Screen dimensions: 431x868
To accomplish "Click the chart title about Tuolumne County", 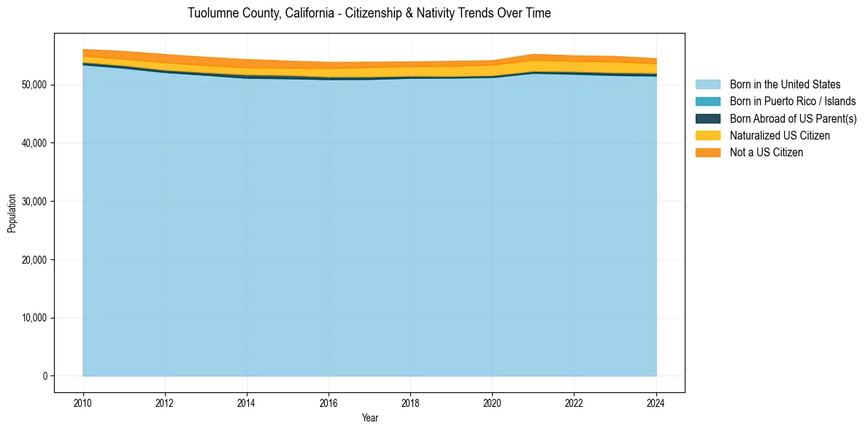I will pos(369,13).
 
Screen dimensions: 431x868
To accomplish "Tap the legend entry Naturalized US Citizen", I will pos(780,135).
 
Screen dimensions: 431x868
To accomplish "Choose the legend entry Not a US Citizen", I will pos(767,152).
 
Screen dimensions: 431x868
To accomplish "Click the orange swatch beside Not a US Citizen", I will pos(707,152).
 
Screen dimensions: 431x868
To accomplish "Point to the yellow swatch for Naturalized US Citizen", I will pos(707,135).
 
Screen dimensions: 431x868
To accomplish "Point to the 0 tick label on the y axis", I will pos(45,376).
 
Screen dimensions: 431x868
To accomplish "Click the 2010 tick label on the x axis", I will pos(83,403).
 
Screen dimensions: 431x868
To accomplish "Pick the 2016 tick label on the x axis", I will pos(329,403).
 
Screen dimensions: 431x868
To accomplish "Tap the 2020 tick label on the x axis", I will pos(492,403).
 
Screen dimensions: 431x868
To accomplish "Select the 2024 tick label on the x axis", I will pos(656,403).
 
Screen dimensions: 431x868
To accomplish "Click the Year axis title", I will pos(369,418).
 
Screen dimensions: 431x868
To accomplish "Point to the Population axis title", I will pos(12,213).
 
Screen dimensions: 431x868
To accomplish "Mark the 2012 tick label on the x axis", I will pos(165,403).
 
